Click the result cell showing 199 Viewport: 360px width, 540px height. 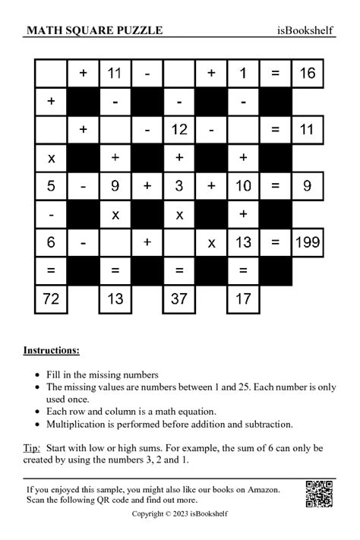pos(307,243)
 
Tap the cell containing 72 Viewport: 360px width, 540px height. pos(51,298)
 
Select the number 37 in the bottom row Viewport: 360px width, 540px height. pos(179,298)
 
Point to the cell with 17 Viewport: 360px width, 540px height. pos(244,298)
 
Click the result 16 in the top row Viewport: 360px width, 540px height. pos(307,74)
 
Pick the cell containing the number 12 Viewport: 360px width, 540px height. pos(179,130)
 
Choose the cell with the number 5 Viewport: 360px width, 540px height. pos(51,186)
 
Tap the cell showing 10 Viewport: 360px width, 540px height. pos(244,186)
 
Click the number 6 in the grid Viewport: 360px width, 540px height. pos(51,243)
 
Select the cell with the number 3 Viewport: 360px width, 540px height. pos(179,186)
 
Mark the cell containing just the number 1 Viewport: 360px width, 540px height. pos(244,74)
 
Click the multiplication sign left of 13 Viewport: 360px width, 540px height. pos(212,243)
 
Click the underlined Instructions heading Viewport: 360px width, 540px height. pos(51,350)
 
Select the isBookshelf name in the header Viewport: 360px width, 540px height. pos(306,30)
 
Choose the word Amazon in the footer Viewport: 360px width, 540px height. pos(263,490)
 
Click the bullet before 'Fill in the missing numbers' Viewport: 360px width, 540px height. pos(38,375)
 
